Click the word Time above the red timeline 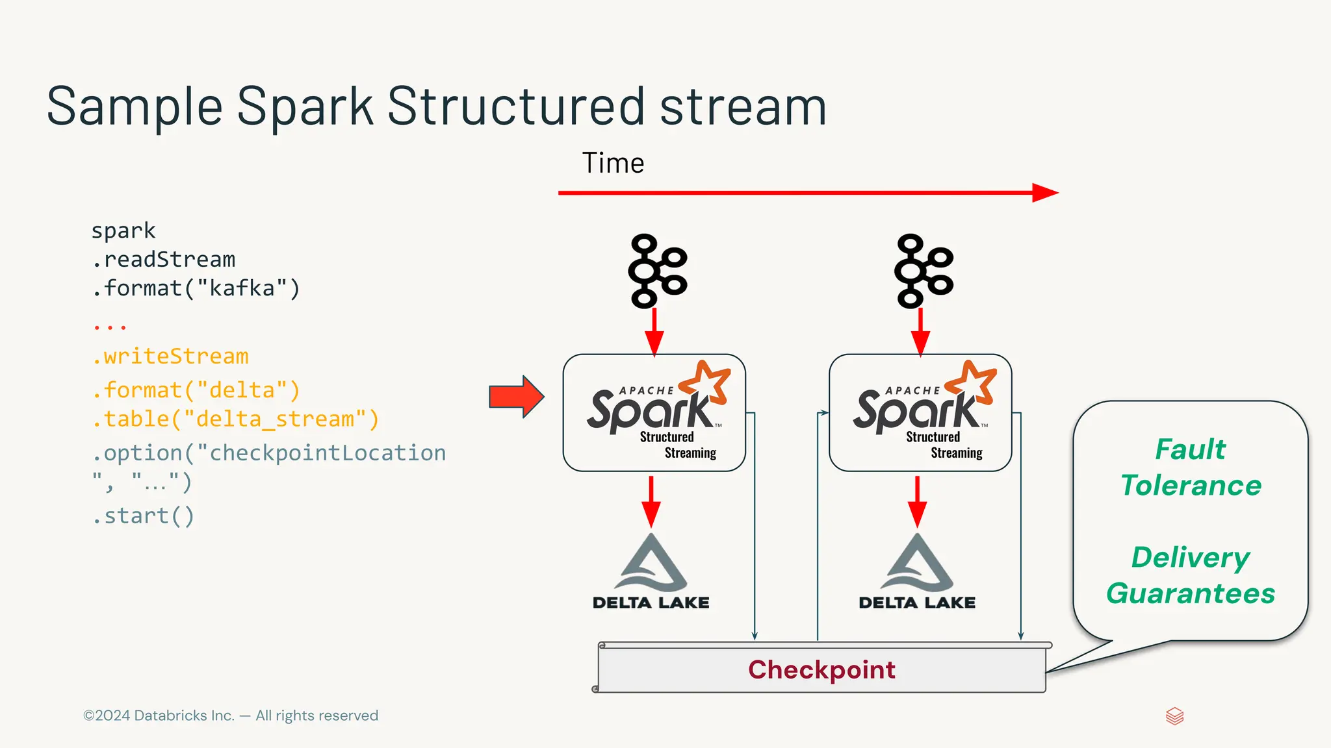tap(613, 163)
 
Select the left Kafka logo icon tap(657, 271)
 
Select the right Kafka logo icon tap(923, 271)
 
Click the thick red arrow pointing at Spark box tap(516, 396)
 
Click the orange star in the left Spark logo tap(708, 381)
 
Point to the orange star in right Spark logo tap(974, 381)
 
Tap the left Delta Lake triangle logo tap(652, 562)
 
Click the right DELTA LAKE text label tap(917, 603)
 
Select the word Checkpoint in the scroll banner tap(821, 669)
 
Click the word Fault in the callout tap(1190, 449)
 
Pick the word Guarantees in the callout tap(1190, 593)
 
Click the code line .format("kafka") tap(196, 288)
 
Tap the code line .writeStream tap(170, 356)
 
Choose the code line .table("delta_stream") tap(235, 419)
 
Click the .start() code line tap(143, 516)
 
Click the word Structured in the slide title tap(517, 106)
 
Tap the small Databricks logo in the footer tap(1174, 716)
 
